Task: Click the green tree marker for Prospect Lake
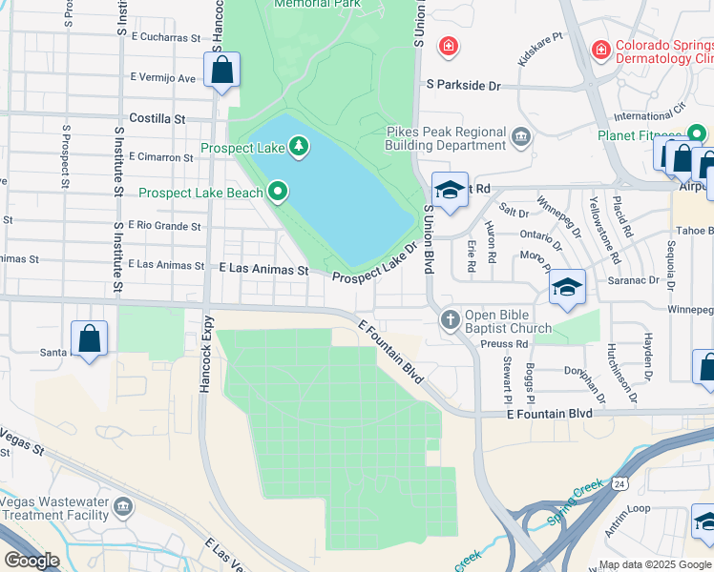click(300, 146)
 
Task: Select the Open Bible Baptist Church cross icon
click(451, 320)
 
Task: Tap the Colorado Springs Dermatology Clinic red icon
click(600, 48)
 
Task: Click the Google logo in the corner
click(31, 560)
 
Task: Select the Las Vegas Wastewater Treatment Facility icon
click(122, 506)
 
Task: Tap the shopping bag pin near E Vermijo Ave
click(221, 71)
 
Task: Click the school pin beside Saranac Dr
click(567, 287)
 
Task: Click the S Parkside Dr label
click(464, 86)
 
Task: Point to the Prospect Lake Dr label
click(376, 263)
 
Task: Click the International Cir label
click(649, 116)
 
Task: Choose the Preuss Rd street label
click(505, 344)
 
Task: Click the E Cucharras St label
click(168, 38)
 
